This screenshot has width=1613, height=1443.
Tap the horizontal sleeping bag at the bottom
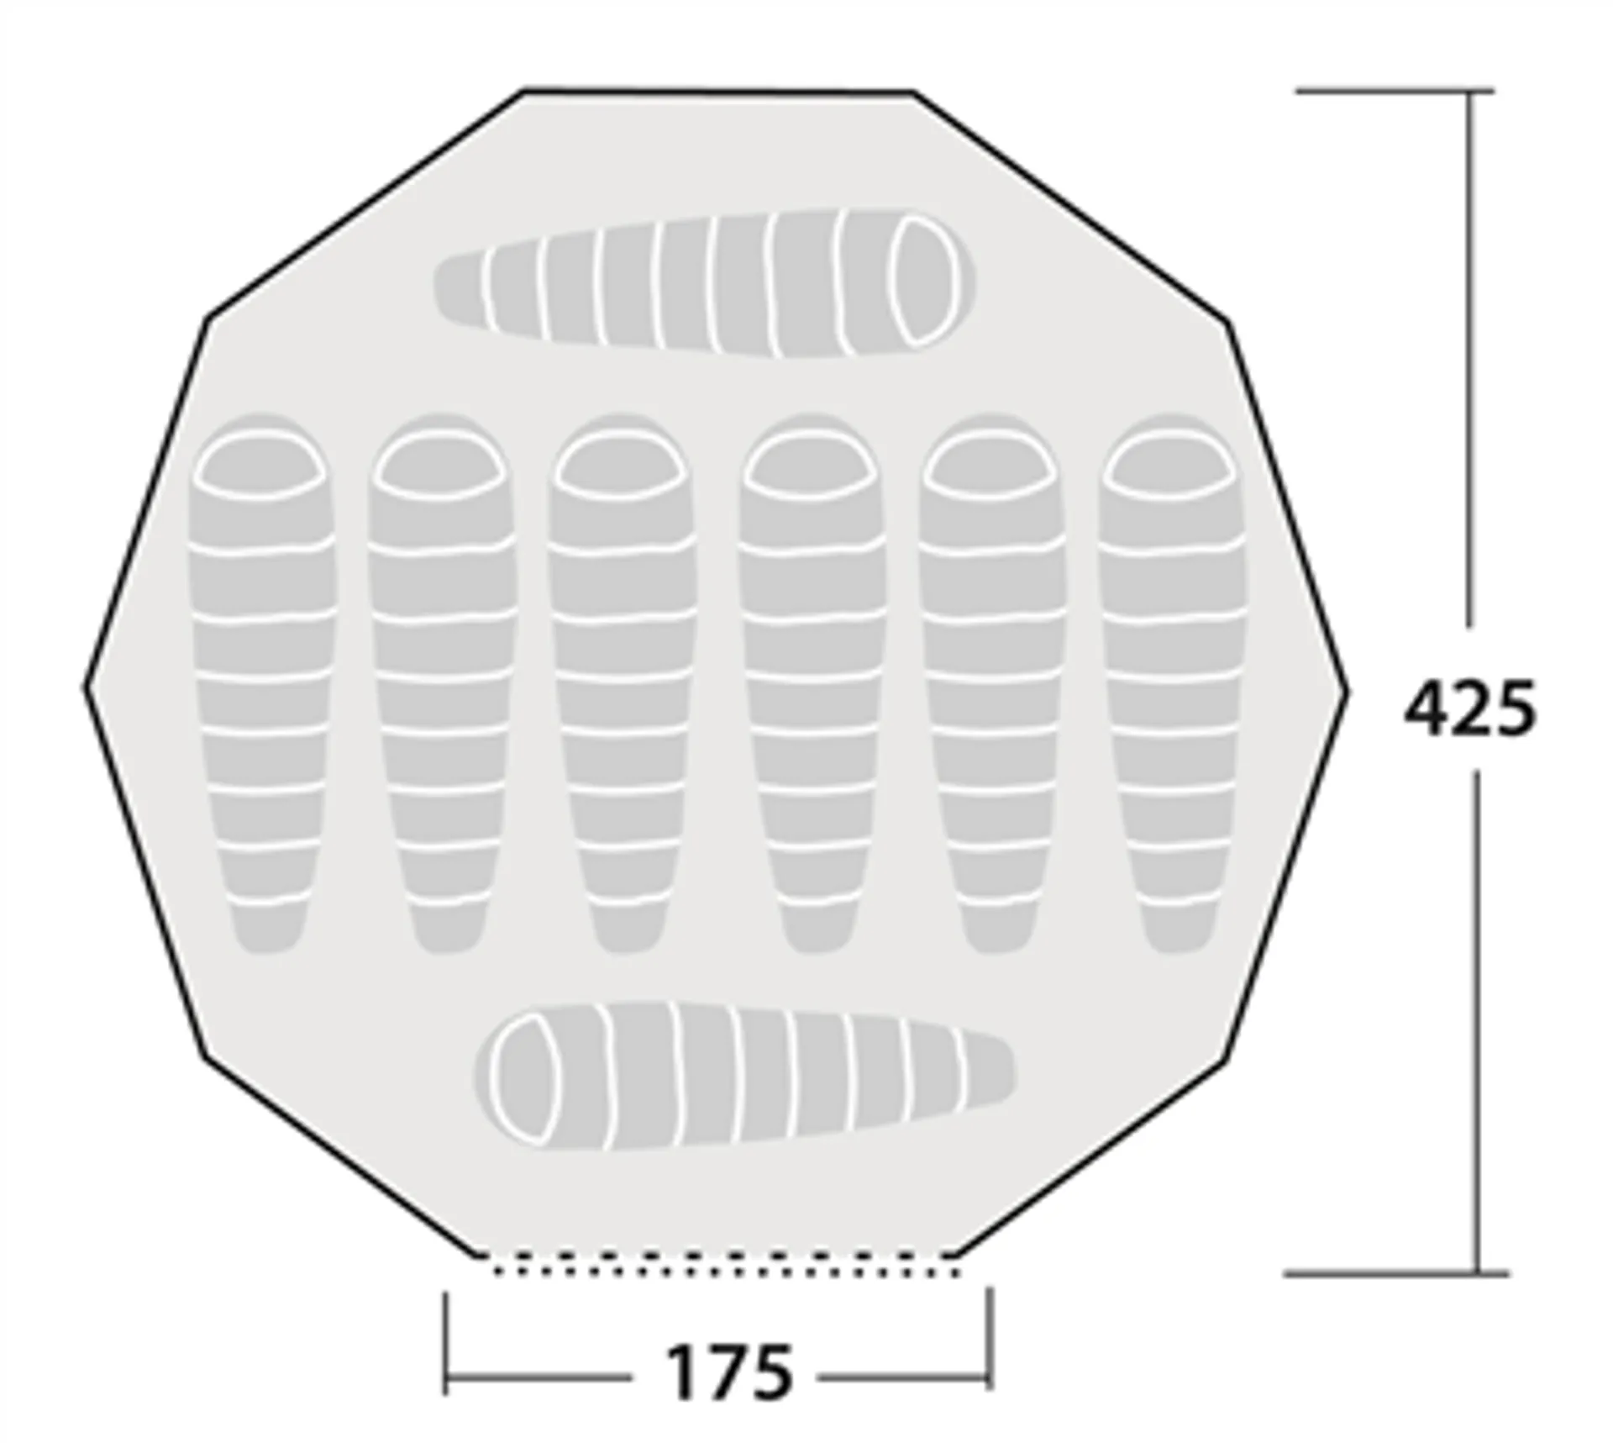click(x=744, y=1076)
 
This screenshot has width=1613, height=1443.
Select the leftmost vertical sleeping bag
click(x=260, y=683)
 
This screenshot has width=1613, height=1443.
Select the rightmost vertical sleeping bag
click(x=1172, y=683)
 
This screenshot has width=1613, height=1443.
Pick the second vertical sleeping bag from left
click(x=441, y=683)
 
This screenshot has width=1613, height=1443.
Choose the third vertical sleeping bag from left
click(x=622, y=683)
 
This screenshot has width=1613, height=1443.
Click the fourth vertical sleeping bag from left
click(x=812, y=683)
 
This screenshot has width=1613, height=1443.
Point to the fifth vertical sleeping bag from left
click(x=991, y=683)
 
